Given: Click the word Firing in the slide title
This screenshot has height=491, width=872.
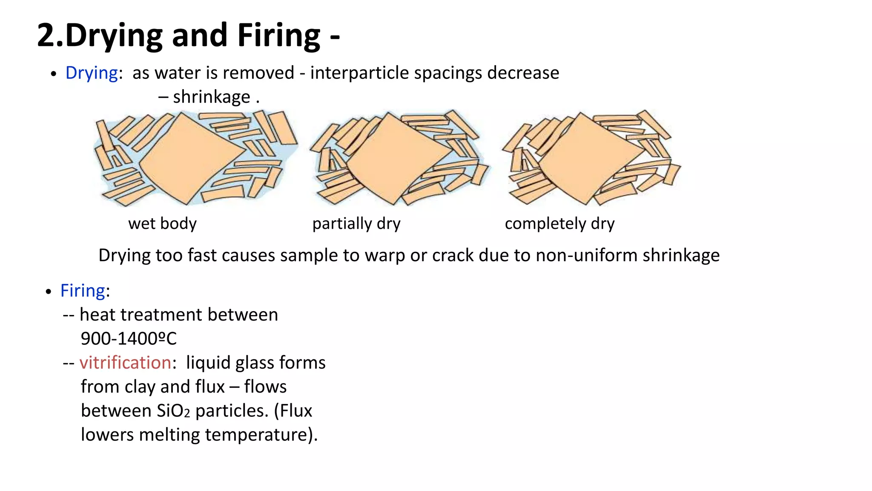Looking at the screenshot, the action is point(279,36).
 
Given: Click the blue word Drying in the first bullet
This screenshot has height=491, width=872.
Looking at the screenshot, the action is point(92,73).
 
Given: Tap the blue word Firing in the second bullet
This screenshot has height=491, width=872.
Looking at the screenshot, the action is point(83,291).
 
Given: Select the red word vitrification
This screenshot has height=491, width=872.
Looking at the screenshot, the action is point(126,363).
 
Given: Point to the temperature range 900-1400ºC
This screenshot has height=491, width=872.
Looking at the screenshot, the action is point(129,339).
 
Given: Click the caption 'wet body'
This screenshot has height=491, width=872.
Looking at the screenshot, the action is point(162,223).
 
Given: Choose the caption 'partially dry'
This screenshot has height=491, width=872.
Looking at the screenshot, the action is point(356,224).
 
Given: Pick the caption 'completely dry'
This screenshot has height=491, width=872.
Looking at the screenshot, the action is point(559,224).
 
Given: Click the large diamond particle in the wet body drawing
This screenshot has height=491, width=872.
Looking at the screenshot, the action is point(192,157).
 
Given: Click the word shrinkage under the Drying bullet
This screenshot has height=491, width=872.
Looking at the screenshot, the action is point(212,97).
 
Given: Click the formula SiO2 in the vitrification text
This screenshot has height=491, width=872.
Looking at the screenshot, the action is point(173,411).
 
